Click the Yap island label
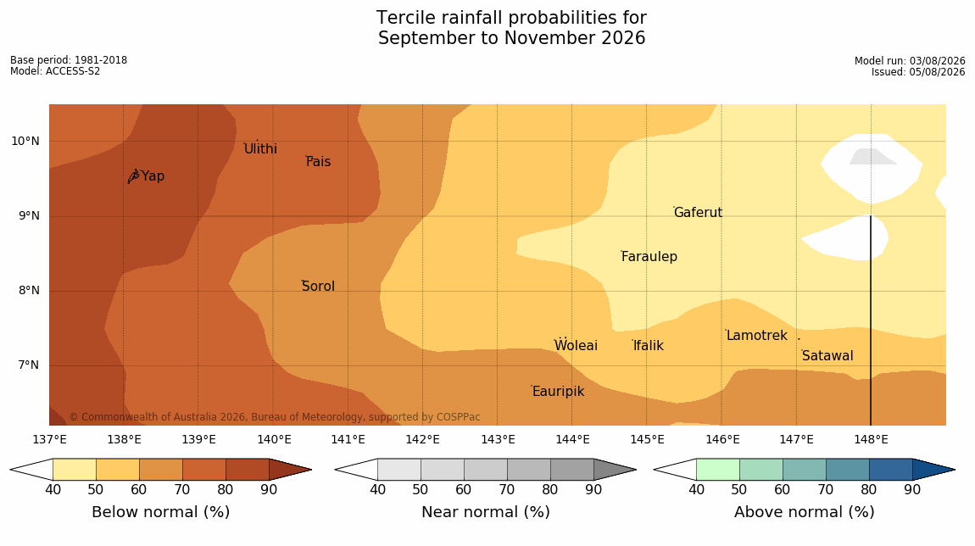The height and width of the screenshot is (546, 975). [153, 176]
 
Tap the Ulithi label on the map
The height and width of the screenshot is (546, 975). [260, 148]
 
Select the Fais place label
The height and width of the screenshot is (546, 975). [319, 162]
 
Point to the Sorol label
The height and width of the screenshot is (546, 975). [319, 287]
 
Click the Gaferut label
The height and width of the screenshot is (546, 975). [699, 213]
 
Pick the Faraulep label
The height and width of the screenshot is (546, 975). [649, 257]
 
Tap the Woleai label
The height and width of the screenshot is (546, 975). [576, 346]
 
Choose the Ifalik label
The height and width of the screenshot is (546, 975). [649, 346]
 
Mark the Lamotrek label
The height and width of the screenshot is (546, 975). [757, 336]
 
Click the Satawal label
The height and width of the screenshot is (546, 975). [827, 356]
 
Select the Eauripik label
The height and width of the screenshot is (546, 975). [559, 392]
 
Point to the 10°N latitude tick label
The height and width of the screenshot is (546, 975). [25, 142]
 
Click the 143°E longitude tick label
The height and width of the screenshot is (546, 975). [498, 440]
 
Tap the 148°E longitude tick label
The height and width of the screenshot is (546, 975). [872, 440]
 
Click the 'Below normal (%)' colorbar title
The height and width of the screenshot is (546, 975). [161, 512]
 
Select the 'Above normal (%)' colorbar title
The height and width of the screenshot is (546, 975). [805, 512]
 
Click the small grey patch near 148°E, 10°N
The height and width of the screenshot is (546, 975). [872, 157]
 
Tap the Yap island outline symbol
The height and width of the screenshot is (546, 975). [133, 176]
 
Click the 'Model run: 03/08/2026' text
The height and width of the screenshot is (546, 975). [910, 61]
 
